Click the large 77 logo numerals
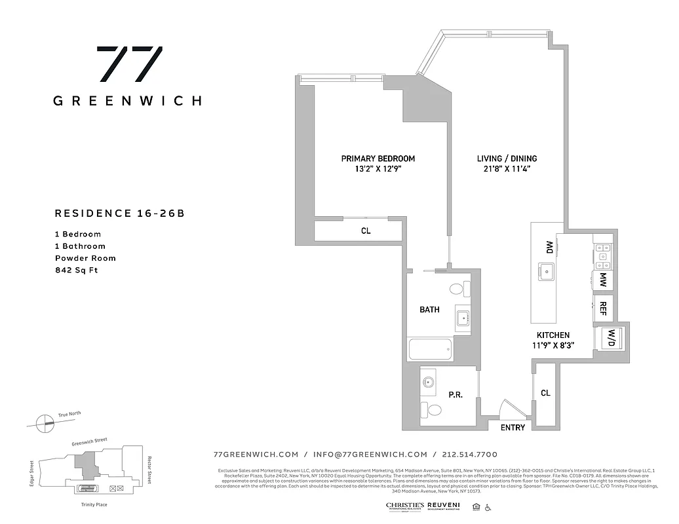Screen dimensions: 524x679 [129, 64]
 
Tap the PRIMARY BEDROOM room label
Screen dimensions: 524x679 [378, 159]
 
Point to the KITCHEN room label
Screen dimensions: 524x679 [553, 335]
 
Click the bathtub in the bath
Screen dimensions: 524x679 [431, 348]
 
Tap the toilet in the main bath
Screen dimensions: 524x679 [458, 289]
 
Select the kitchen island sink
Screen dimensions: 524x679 [546, 270]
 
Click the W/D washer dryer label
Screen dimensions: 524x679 [611, 338]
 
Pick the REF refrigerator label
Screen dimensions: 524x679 [601, 308]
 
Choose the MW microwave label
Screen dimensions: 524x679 [602, 280]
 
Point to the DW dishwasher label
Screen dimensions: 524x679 [549, 247]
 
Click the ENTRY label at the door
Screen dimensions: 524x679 [513, 428]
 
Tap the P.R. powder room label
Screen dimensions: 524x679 [456, 395]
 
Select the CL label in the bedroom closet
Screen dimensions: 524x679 [366, 231]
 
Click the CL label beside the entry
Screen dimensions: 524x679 [545, 393]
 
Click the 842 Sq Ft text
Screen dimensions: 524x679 [76, 271]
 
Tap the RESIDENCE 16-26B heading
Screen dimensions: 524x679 [115, 213]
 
